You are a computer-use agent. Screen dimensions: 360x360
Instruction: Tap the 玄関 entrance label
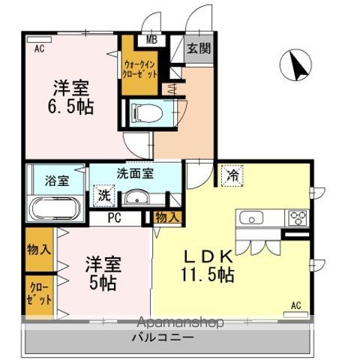pos(199,49)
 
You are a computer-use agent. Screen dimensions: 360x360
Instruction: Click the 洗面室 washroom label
pos(135,173)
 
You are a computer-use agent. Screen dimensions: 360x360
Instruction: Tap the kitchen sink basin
pos(250,219)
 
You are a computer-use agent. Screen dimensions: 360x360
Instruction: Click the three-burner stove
pos(297,219)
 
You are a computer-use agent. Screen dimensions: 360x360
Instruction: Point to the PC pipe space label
pos(115,218)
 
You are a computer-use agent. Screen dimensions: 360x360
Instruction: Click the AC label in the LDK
pos(295,305)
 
